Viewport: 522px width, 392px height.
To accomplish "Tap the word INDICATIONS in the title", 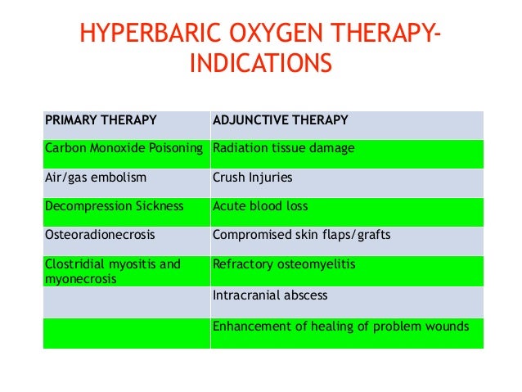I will (x=261, y=63).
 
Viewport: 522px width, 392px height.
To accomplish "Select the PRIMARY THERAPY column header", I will (x=101, y=120).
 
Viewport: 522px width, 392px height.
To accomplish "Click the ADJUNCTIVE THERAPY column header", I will (x=280, y=120).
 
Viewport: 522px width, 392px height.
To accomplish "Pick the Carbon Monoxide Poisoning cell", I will (x=124, y=149).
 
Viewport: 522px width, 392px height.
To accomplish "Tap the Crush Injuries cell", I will (x=252, y=176).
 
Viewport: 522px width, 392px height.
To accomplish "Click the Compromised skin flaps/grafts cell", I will (x=301, y=234).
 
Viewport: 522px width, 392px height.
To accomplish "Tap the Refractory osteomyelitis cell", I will (x=283, y=264).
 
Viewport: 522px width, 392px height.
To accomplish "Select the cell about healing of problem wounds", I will (x=340, y=326).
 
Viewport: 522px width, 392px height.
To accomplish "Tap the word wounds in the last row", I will (x=447, y=326).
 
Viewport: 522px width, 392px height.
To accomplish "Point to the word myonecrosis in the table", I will (x=81, y=278).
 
